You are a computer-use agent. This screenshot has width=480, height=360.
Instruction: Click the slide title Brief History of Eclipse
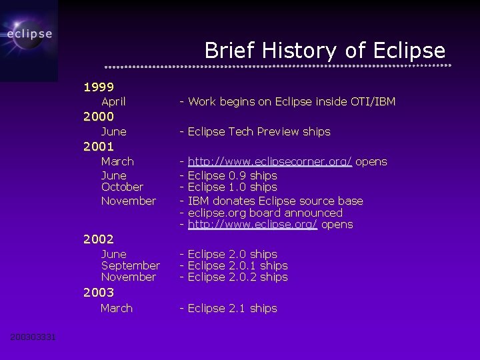click(x=325, y=51)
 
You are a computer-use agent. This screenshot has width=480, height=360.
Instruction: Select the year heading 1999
click(x=98, y=87)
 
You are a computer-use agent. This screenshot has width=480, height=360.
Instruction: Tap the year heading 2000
click(x=98, y=117)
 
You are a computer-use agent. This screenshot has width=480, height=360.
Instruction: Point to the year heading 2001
click(x=98, y=147)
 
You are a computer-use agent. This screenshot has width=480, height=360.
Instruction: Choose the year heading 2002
click(x=98, y=239)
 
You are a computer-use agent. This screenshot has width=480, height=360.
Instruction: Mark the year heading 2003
click(x=98, y=292)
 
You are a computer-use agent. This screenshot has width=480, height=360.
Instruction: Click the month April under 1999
click(x=113, y=101)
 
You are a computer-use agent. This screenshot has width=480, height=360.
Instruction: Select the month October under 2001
click(x=122, y=187)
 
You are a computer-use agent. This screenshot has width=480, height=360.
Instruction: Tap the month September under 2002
click(x=130, y=265)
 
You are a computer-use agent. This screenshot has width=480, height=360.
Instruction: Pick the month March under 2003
click(x=117, y=308)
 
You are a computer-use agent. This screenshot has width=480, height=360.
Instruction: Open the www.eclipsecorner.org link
click(x=269, y=161)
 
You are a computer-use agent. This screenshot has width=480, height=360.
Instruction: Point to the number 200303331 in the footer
click(x=33, y=337)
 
